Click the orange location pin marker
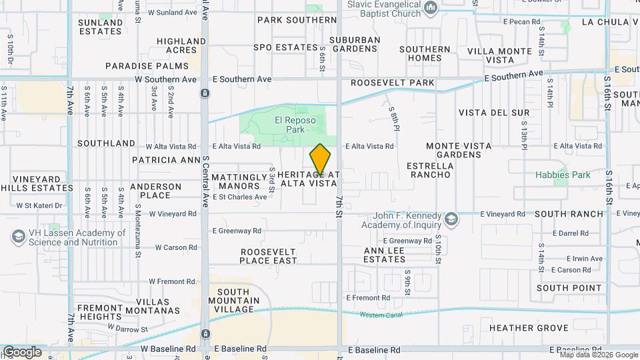coord(321,160)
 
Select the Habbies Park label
coord(563,175)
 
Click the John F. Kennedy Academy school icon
coord(451,219)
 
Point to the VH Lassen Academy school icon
coord(18,237)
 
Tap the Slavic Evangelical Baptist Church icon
coord(431,9)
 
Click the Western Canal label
coord(377,315)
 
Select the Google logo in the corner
coord(21,352)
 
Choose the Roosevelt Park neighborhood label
coord(393,83)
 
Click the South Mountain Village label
coord(235,301)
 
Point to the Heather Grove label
coord(529,328)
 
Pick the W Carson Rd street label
coord(176,247)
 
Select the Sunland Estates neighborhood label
coord(101,27)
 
